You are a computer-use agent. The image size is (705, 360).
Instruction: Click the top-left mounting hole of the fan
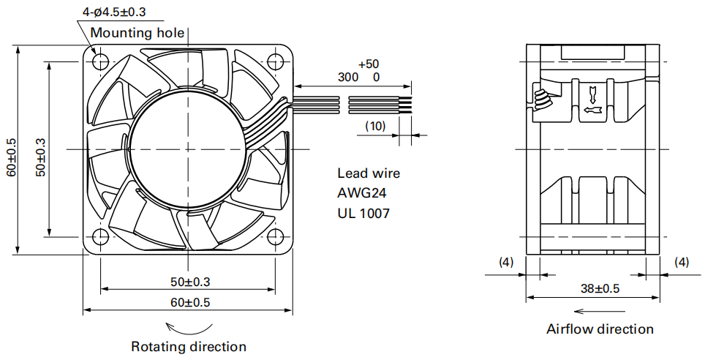point(100,61)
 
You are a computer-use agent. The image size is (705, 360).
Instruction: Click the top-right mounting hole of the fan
point(274,61)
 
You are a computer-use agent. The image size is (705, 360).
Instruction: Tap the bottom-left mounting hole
point(100,236)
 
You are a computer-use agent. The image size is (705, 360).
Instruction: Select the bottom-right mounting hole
point(274,236)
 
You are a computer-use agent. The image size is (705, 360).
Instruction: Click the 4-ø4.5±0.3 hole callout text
point(114,12)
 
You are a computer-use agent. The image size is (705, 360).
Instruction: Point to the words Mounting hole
point(137,32)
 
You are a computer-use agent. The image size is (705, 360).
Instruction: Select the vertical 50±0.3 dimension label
point(41,157)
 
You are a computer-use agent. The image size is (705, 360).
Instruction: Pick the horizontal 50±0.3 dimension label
point(190,282)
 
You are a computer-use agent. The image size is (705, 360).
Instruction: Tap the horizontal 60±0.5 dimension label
point(190,302)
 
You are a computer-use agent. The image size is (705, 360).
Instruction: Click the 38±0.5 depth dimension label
point(600,288)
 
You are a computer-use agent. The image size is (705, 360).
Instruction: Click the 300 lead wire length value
point(348,77)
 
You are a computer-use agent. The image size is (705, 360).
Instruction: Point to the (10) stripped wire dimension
point(375,126)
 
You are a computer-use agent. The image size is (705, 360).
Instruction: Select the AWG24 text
point(362,192)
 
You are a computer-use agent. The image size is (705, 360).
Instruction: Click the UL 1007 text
point(363,213)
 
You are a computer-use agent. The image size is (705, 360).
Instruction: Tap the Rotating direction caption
point(189,347)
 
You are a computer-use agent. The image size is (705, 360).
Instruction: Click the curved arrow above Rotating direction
point(189,332)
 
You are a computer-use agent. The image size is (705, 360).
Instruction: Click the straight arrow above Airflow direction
point(600,311)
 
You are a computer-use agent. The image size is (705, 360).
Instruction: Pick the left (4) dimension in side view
point(506,262)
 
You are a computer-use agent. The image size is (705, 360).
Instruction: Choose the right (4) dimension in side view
point(682,262)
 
